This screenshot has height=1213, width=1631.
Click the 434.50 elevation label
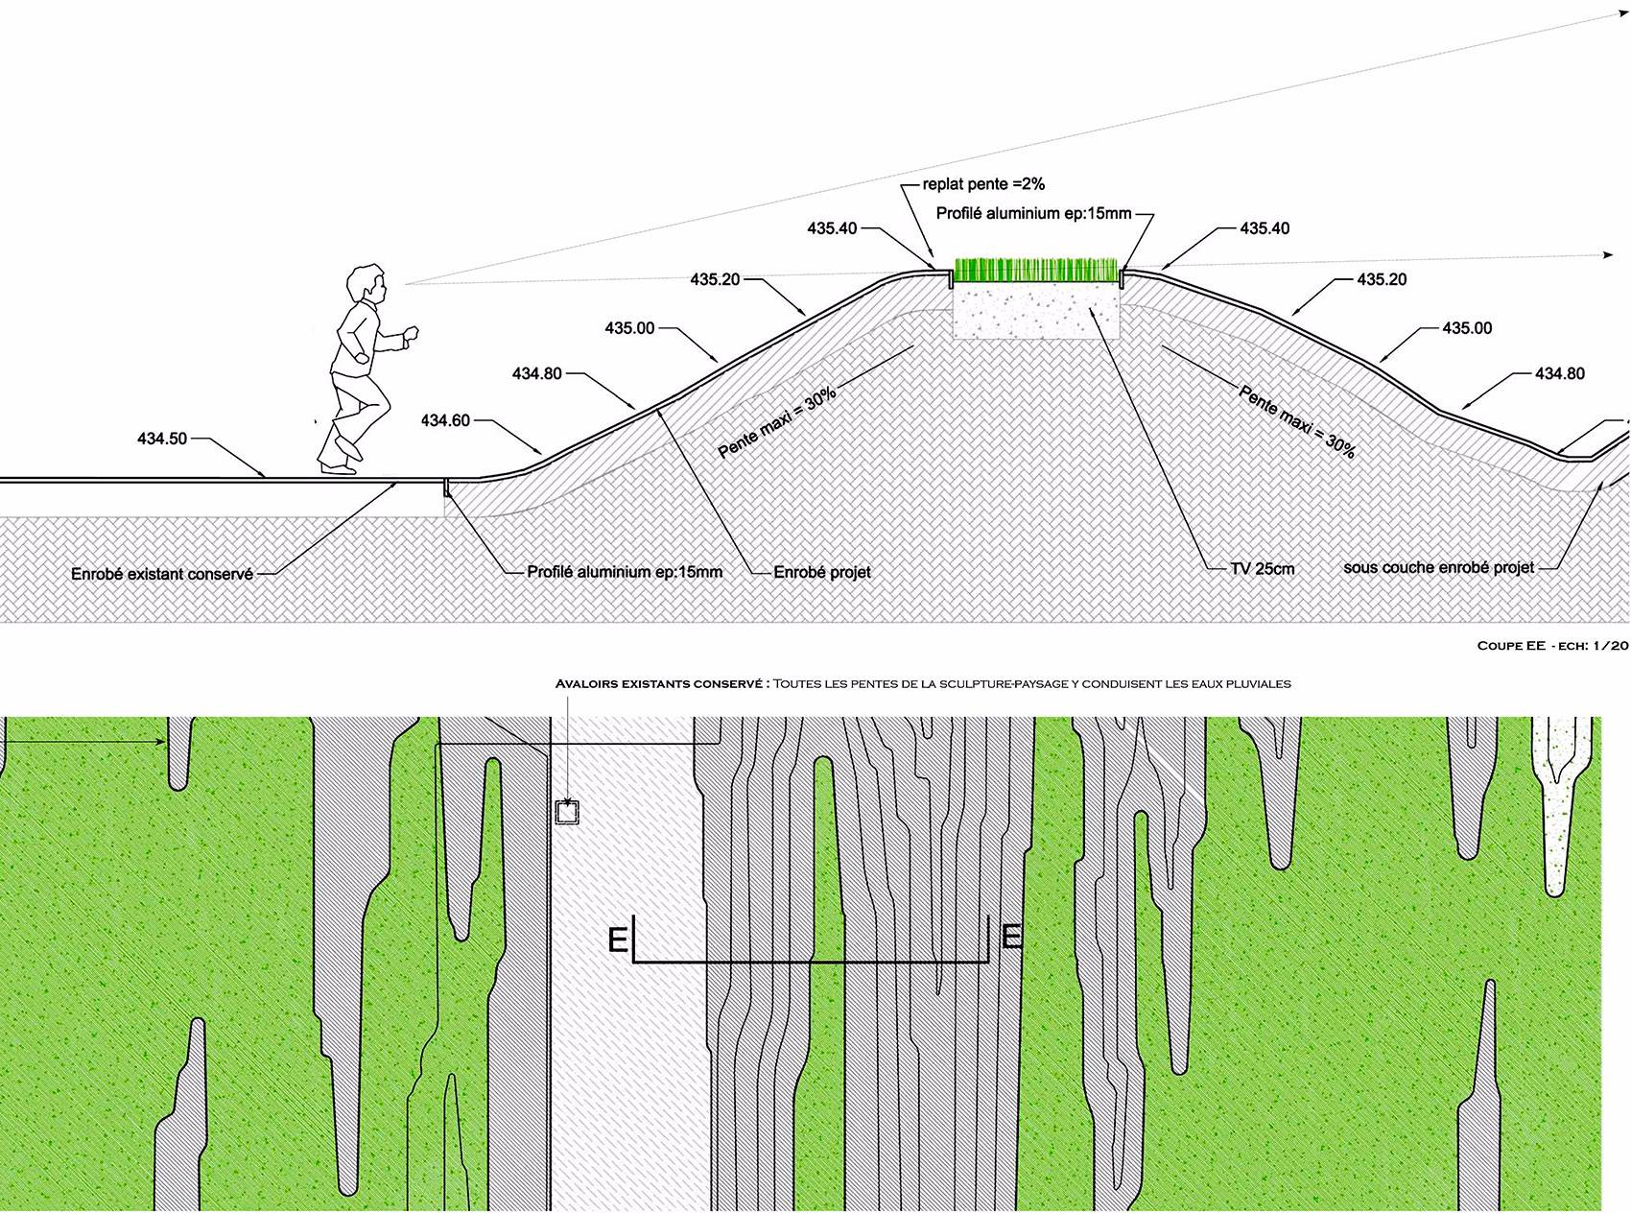pyautogui.click(x=162, y=439)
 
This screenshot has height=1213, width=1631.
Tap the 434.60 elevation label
pyautogui.click(x=445, y=420)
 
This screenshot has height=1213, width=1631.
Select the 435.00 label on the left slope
pyautogui.click(x=629, y=328)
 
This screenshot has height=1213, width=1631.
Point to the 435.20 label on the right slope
pyautogui.click(x=1382, y=279)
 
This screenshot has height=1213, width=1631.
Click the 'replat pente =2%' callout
pyautogui.click(x=983, y=184)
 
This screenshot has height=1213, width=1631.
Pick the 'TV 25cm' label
pyautogui.click(x=1262, y=569)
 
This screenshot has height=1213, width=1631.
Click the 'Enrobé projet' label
pyautogui.click(x=822, y=572)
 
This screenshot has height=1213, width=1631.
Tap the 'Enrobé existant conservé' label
pyautogui.click(x=162, y=574)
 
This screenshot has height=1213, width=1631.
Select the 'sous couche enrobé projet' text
pyautogui.click(x=1438, y=568)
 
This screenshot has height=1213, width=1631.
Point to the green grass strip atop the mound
pyautogui.click(x=1035, y=271)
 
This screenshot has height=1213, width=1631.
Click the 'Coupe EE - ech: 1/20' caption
pyautogui.click(x=1552, y=646)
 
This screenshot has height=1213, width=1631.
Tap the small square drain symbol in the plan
pyautogui.click(x=567, y=812)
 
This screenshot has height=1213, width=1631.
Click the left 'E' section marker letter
pyautogui.click(x=618, y=939)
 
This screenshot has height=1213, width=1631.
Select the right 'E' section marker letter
pyautogui.click(x=1010, y=936)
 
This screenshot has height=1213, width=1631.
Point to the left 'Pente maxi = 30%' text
pyautogui.click(x=777, y=423)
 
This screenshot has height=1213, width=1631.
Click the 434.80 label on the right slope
pyautogui.click(x=1560, y=373)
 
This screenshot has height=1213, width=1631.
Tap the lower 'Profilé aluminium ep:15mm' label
pyautogui.click(x=625, y=572)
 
